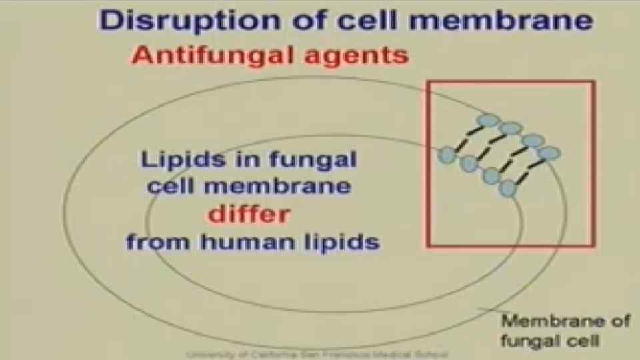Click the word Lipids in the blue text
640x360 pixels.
pos(173,160)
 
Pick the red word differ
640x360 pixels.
pos(249,215)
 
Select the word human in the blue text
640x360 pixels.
pos(249,241)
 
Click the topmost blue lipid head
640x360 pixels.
pos(489,121)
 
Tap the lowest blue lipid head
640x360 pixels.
pos(509,189)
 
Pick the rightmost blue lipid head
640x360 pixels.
pos(550,153)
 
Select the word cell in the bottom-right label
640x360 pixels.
pos(585,341)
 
